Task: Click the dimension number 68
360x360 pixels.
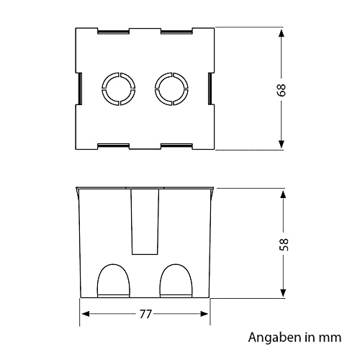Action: (282, 90)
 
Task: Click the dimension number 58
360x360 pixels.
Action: (284, 245)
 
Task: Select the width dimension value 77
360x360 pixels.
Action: (145, 314)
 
